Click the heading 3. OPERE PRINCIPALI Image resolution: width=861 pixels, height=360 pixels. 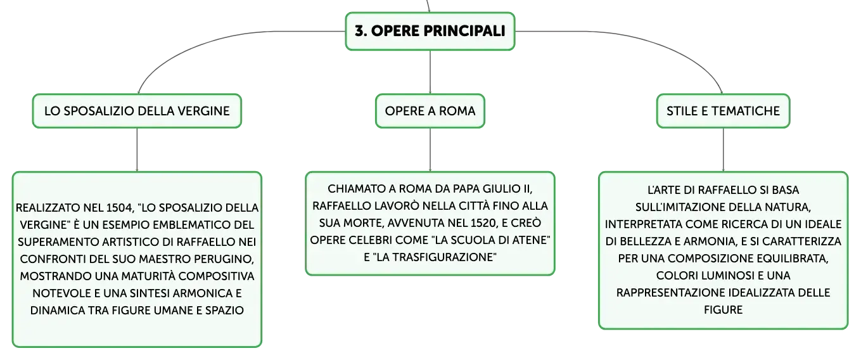pyautogui.click(x=430, y=31)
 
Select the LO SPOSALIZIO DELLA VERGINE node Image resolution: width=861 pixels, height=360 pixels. pyautogui.click(x=137, y=111)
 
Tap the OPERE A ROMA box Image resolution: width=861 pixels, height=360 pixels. pyautogui.click(x=430, y=111)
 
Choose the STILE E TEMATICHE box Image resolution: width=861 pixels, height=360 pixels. pyautogui.click(x=723, y=111)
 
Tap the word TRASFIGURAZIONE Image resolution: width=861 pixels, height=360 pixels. pyautogui.click(x=435, y=257)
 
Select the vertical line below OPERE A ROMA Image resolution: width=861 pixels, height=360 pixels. pyautogui.click(x=430, y=150)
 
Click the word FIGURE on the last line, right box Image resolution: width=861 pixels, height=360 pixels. pyautogui.click(x=723, y=310)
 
